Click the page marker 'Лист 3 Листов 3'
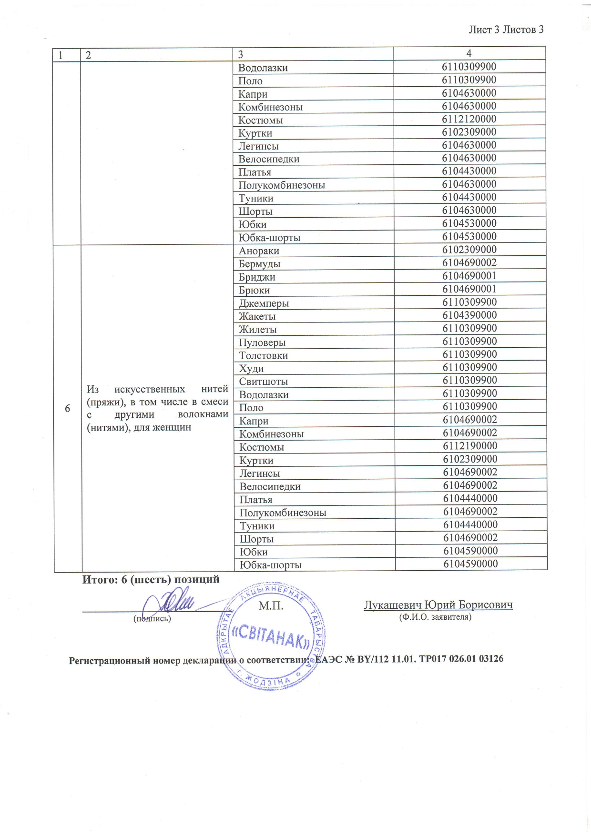506,30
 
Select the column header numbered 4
469,53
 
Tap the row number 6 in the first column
67,408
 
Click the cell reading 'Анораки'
259,251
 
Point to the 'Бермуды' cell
260,264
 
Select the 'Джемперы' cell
264,303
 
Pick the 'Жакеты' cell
257,316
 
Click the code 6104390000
469,315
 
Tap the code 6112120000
469,119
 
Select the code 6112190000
470,446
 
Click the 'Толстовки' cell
264,355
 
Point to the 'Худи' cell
252,369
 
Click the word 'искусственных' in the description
150,389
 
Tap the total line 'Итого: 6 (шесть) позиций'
151,580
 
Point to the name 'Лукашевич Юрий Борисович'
438,605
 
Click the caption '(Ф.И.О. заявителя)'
435,617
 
